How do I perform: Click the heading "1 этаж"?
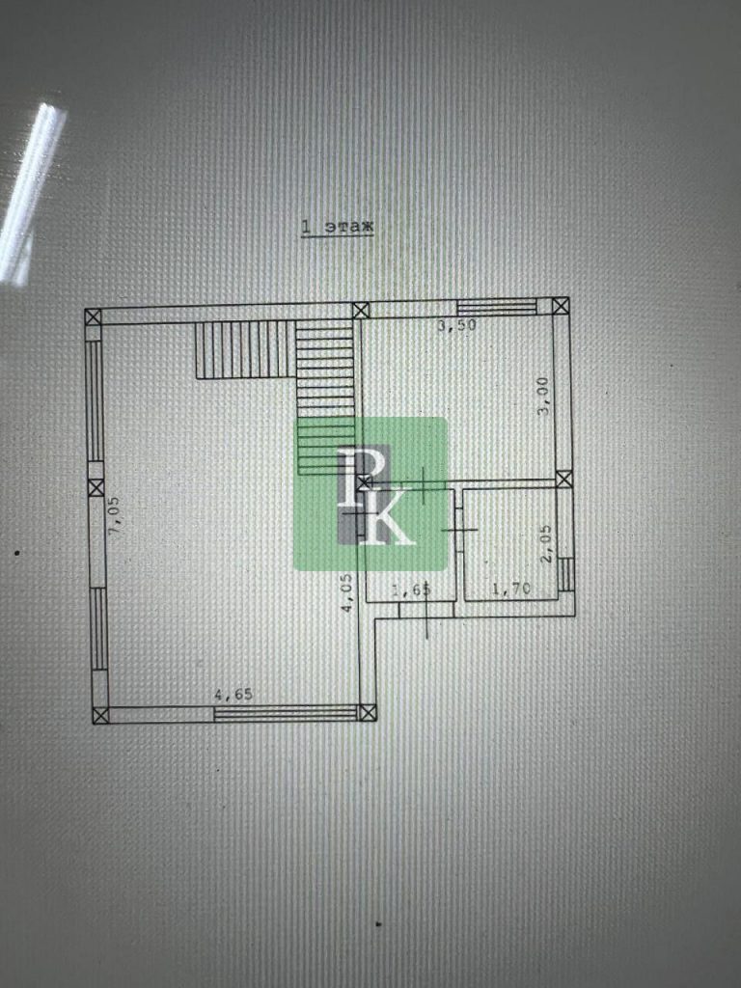[x=337, y=227]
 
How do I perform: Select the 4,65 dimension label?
[x=233, y=695]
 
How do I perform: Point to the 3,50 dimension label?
[x=456, y=325]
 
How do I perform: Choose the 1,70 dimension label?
[x=511, y=590]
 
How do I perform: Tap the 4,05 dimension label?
[x=346, y=592]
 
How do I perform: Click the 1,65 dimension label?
[x=411, y=590]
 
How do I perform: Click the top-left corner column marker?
[x=94, y=316]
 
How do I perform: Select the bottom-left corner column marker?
[x=100, y=715]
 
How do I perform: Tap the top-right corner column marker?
[x=561, y=306]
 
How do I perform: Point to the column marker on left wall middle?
[x=96, y=487]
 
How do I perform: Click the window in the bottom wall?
[x=286, y=713]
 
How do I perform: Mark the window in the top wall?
[x=497, y=307]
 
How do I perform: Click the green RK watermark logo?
[x=370, y=494]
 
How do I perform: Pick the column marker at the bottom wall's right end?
[x=368, y=713]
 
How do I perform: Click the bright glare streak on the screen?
[x=32, y=189]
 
